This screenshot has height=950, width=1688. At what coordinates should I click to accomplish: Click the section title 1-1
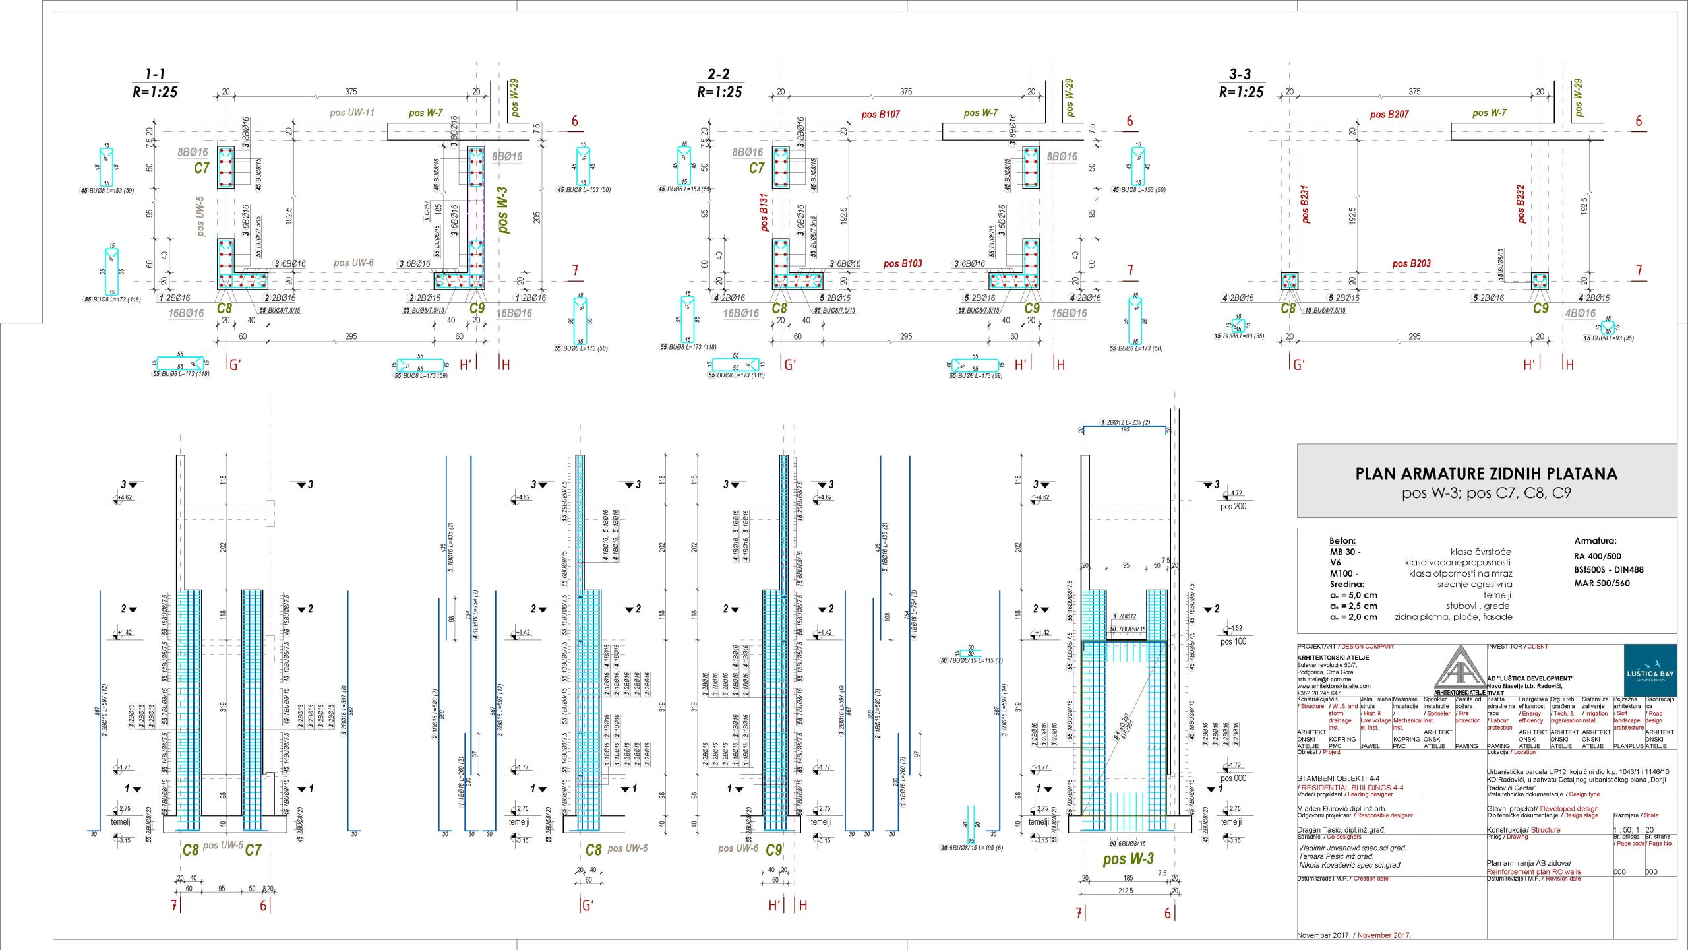[156, 74]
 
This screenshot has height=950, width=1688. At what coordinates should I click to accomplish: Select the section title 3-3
[1240, 74]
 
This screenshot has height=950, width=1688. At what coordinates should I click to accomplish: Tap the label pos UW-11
[352, 113]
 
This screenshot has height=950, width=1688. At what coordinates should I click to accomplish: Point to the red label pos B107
[880, 115]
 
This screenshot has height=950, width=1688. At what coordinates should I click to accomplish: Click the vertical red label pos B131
[764, 212]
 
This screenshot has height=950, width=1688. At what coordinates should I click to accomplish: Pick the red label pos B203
[1411, 264]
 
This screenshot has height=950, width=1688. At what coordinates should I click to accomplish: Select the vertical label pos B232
[1521, 204]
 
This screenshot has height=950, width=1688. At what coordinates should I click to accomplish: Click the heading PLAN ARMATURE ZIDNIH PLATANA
[1486, 474]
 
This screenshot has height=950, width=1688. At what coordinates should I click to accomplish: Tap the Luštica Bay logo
[1650, 670]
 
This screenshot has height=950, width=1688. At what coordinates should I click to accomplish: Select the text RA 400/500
[1597, 556]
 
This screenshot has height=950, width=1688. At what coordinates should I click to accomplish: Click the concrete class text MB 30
[1343, 552]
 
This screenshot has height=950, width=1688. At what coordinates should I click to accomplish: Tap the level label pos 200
[1233, 507]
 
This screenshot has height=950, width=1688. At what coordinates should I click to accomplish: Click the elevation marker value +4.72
[1236, 493]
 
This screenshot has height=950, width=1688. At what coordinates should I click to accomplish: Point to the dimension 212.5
[1126, 891]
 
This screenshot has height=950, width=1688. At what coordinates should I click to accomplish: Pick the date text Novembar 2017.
[1323, 935]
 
